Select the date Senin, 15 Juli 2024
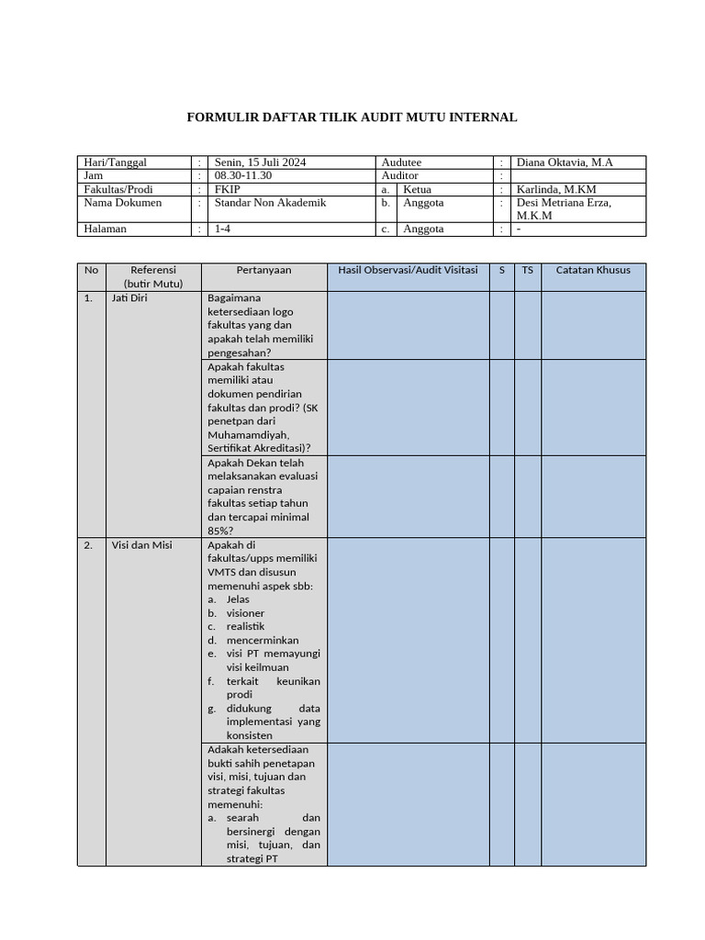(x=260, y=162)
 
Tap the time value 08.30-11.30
(x=243, y=175)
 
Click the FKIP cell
(x=227, y=189)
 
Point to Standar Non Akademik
(x=270, y=203)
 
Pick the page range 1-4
(x=223, y=229)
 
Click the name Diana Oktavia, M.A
(x=565, y=162)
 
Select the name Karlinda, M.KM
(x=556, y=189)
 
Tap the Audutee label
(x=401, y=162)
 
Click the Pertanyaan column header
(x=263, y=271)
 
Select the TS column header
(x=527, y=271)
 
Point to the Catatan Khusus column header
(x=593, y=271)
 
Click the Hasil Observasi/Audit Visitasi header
(x=408, y=271)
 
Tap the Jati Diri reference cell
(x=129, y=298)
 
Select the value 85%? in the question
(x=220, y=531)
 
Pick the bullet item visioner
(x=245, y=613)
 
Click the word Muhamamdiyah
(x=248, y=434)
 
